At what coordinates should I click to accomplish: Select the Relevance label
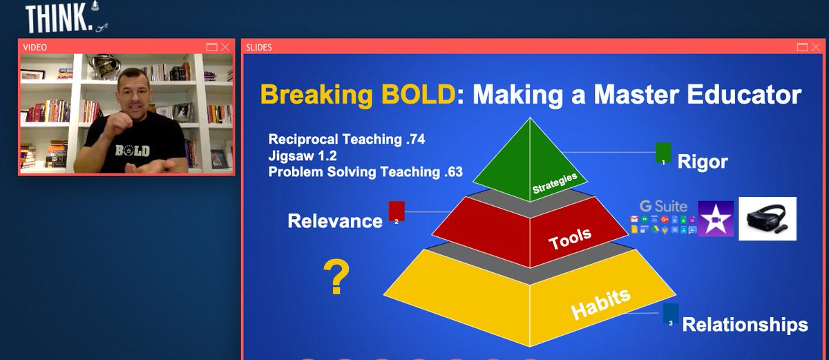(335, 221)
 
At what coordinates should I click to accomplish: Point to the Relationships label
(745, 325)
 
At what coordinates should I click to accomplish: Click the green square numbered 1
(663, 153)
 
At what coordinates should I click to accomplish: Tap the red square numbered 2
(397, 211)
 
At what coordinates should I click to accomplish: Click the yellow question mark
(336, 278)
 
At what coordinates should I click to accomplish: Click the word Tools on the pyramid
(570, 238)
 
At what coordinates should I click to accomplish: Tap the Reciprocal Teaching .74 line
(346, 140)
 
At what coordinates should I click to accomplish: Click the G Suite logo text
(663, 206)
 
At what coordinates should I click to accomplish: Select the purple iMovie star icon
(715, 219)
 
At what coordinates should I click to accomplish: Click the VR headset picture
(768, 218)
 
